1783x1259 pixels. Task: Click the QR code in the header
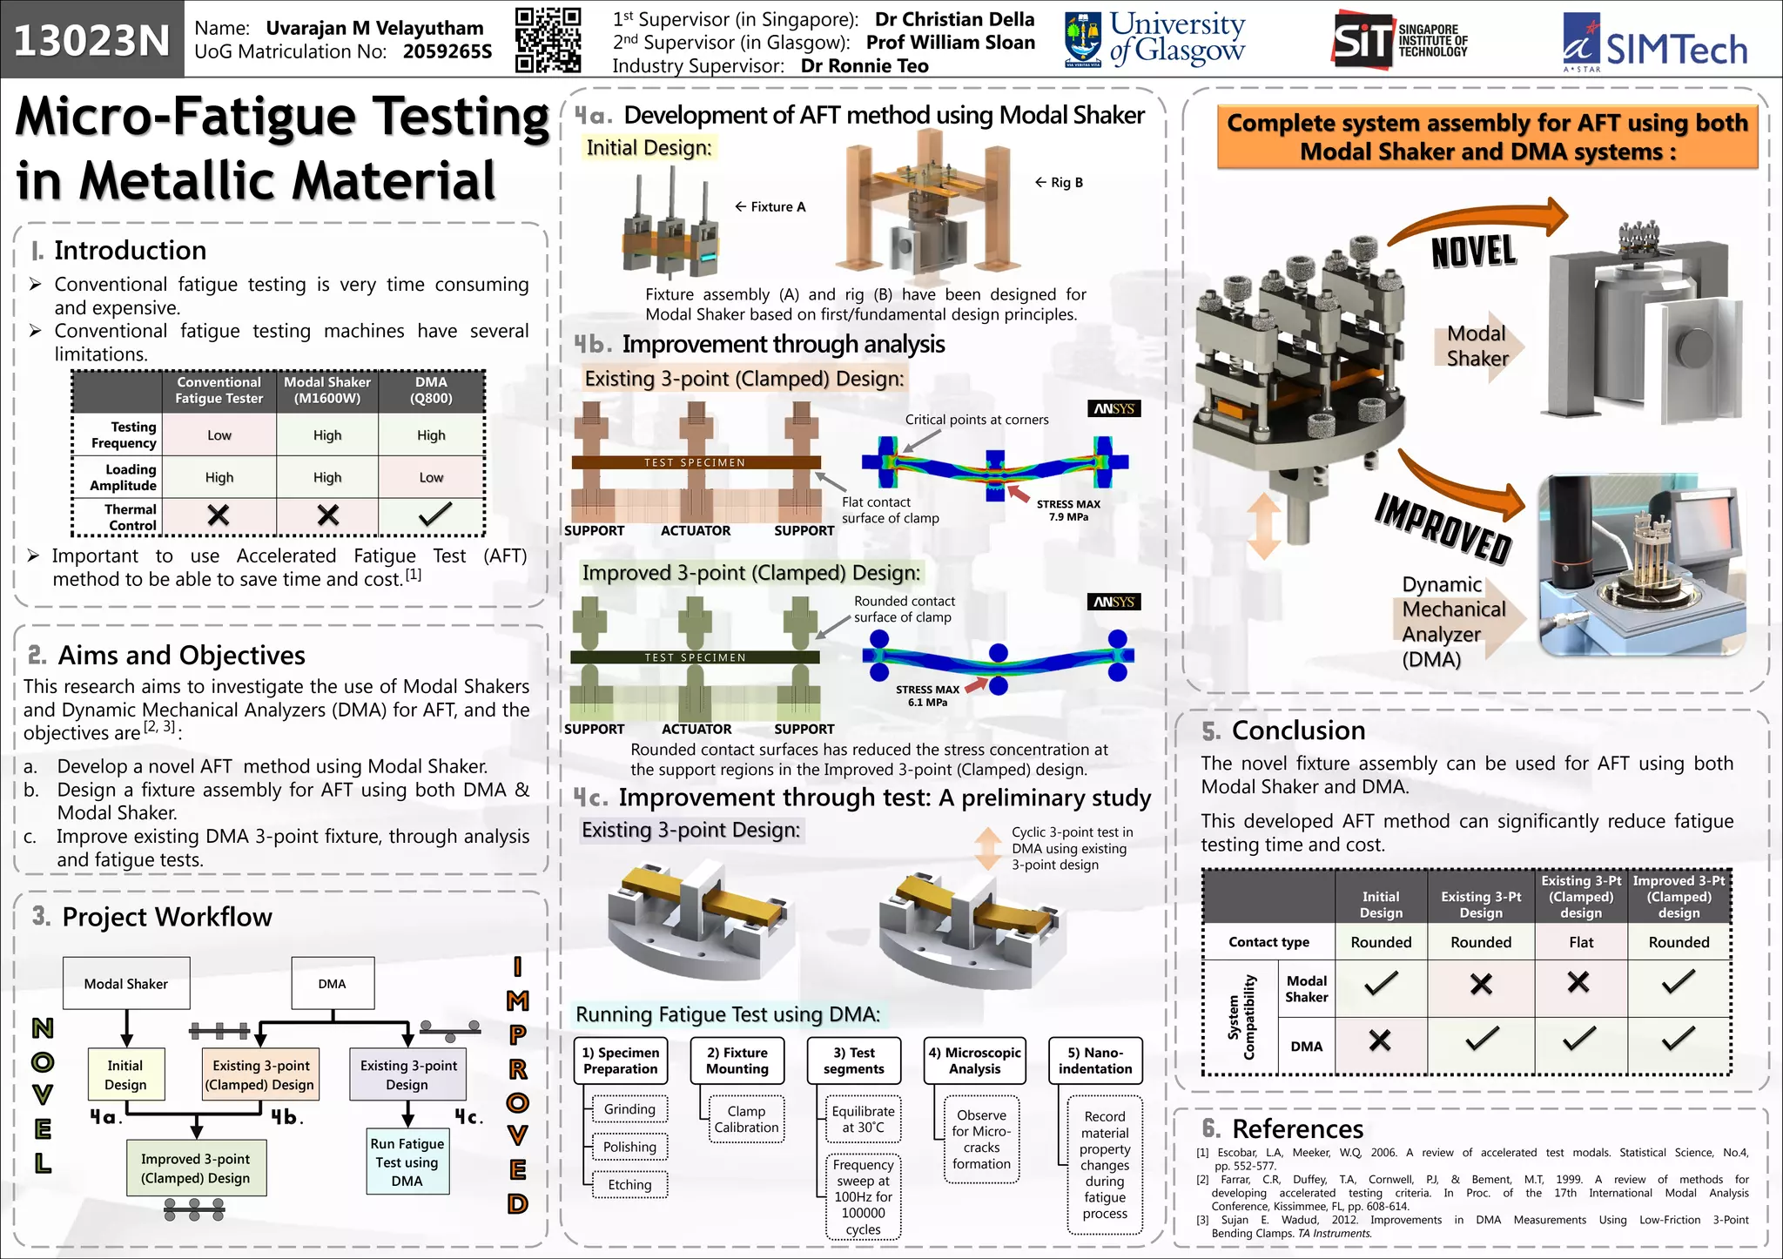[548, 39]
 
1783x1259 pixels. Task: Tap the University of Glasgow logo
[1155, 39]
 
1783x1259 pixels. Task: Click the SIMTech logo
[1655, 43]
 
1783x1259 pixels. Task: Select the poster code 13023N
[91, 40]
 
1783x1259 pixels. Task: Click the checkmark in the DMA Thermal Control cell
[433, 515]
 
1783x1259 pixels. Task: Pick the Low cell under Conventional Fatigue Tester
[219, 435]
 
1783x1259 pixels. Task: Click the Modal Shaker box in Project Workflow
[126, 984]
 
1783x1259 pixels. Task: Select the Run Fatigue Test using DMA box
[407, 1162]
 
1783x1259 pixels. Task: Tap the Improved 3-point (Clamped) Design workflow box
[196, 1168]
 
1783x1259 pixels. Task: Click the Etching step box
[629, 1185]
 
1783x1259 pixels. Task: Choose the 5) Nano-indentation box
[1095, 1060]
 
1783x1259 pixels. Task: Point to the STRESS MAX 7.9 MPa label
[1068, 510]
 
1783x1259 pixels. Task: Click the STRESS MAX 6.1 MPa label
[927, 696]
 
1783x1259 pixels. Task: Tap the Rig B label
[1060, 183]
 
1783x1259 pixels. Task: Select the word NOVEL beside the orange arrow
[1473, 252]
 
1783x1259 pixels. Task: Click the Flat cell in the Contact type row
[1580, 942]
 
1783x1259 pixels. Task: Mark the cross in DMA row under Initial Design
[1380, 1040]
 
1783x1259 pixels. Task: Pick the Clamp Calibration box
[746, 1120]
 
